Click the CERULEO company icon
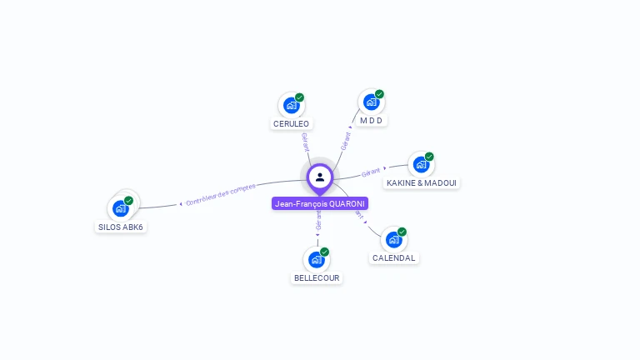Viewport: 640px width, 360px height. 291,105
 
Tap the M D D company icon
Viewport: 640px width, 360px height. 371,102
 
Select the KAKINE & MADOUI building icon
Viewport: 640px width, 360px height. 421,164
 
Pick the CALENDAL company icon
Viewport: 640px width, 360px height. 393,240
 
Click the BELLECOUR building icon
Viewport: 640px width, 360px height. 316,259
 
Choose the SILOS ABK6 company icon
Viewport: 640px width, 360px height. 121,208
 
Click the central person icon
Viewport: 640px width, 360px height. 320,177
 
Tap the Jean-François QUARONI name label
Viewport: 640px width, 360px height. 320,203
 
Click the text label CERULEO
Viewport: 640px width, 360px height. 291,124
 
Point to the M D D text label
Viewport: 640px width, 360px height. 372,121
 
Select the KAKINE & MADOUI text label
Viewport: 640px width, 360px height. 421,183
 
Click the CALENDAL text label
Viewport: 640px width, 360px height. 393,258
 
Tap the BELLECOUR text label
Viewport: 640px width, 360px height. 317,278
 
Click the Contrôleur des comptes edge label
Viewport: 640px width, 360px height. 221,195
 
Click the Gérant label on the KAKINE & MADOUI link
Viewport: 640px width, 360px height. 372,172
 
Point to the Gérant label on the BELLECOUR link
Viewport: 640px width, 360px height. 318,220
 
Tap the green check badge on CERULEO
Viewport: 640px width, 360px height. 299,97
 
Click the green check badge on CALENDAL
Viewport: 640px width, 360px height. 402,232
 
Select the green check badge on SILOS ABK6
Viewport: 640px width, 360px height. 129,200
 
